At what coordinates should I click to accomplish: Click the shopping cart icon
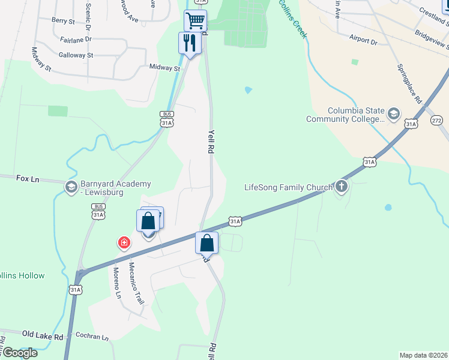click(195, 21)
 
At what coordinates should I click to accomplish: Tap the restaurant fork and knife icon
click(190, 43)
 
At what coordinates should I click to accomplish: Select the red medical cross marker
click(124, 242)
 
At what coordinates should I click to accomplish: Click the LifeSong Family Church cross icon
click(342, 187)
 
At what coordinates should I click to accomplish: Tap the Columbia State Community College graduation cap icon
click(394, 114)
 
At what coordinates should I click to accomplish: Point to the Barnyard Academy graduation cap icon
click(71, 188)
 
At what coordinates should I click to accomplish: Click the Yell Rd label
click(211, 142)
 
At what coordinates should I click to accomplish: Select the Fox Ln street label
click(27, 178)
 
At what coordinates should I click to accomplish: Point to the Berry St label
click(63, 20)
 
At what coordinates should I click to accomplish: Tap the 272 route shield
click(436, 121)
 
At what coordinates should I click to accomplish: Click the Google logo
click(19, 353)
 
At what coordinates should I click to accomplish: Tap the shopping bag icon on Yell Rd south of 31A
click(206, 244)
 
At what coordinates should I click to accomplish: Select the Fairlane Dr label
click(76, 38)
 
